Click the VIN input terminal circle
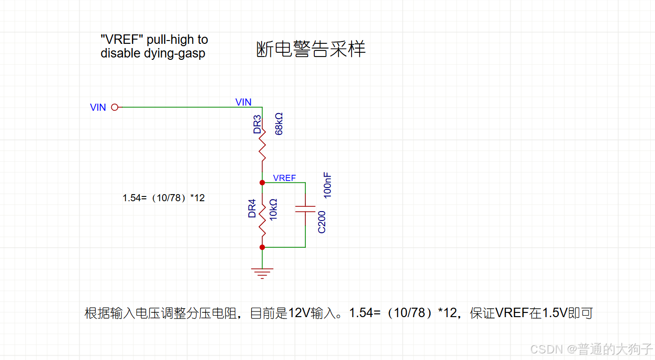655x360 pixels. point(115,107)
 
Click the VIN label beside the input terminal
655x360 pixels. point(98,107)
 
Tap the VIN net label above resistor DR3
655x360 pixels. point(243,102)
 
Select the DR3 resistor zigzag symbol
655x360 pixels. point(262,143)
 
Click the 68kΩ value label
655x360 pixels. point(279,124)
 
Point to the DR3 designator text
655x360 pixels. point(257,124)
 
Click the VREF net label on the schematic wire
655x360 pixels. point(284,178)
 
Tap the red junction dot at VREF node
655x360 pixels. point(262,182)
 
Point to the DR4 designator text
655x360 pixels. point(252,209)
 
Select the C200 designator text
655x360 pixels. point(322,221)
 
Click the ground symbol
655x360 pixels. point(262,272)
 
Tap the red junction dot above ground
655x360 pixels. point(262,247)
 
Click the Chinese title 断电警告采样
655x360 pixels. point(311,49)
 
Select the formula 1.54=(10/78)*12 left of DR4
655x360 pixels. point(164,198)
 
